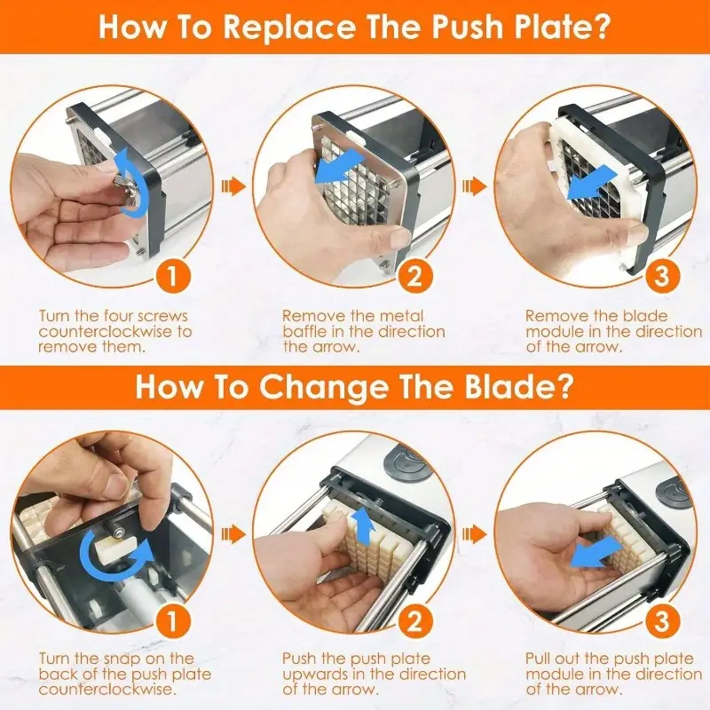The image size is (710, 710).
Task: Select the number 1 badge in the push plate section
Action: tap(172, 275)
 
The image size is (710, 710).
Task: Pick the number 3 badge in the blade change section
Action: tap(661, 619)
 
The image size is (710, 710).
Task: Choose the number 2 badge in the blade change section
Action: tap(414, 619)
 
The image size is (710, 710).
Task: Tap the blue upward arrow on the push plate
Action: tap(364, 525)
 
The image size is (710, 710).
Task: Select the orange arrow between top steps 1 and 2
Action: tap(233, 185)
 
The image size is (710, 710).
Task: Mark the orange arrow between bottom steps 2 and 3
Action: tap(475, 534)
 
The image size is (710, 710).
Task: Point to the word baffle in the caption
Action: tap(305, 331)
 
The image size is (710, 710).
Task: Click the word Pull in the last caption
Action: tap(537, 658)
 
